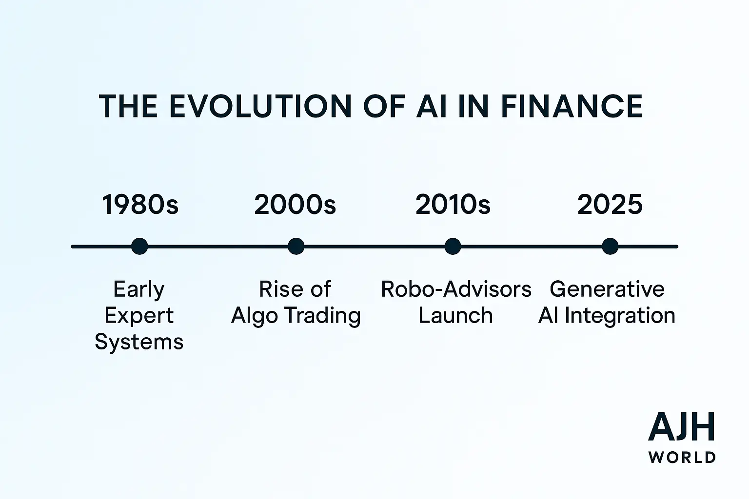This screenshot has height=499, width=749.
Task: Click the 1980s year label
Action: (x=140, y=204)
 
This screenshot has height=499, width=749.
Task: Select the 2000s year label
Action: (x=295, y=204)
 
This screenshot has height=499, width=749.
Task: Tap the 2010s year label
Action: (x=453, y=204)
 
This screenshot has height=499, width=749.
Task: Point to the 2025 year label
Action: (x=610, y=204)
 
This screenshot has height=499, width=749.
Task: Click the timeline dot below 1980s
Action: (x=139, y=246)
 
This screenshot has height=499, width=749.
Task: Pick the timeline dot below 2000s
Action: (x=296, y=246)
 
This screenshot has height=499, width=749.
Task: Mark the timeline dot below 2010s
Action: (x=453, y=246)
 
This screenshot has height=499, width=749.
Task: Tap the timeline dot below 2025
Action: (x=610, y=246)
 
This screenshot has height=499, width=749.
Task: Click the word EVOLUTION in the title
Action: (x=260, y=106)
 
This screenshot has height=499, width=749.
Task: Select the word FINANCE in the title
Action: (x=572, y=106)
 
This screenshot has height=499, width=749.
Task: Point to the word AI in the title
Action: (x=432, y=106)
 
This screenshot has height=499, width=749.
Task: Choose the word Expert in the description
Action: (x=139, y=316)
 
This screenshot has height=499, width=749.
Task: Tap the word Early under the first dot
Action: (x=139, y=289)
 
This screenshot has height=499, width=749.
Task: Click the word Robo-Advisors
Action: (x=456, y=289)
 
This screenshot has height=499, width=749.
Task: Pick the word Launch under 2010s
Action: (x=456, y=315)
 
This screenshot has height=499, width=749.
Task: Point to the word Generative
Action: (x=607, y=289)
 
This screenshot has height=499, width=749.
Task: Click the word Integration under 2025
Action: (x=620, y=316)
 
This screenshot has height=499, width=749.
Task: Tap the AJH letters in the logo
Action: (x=682, y=426)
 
